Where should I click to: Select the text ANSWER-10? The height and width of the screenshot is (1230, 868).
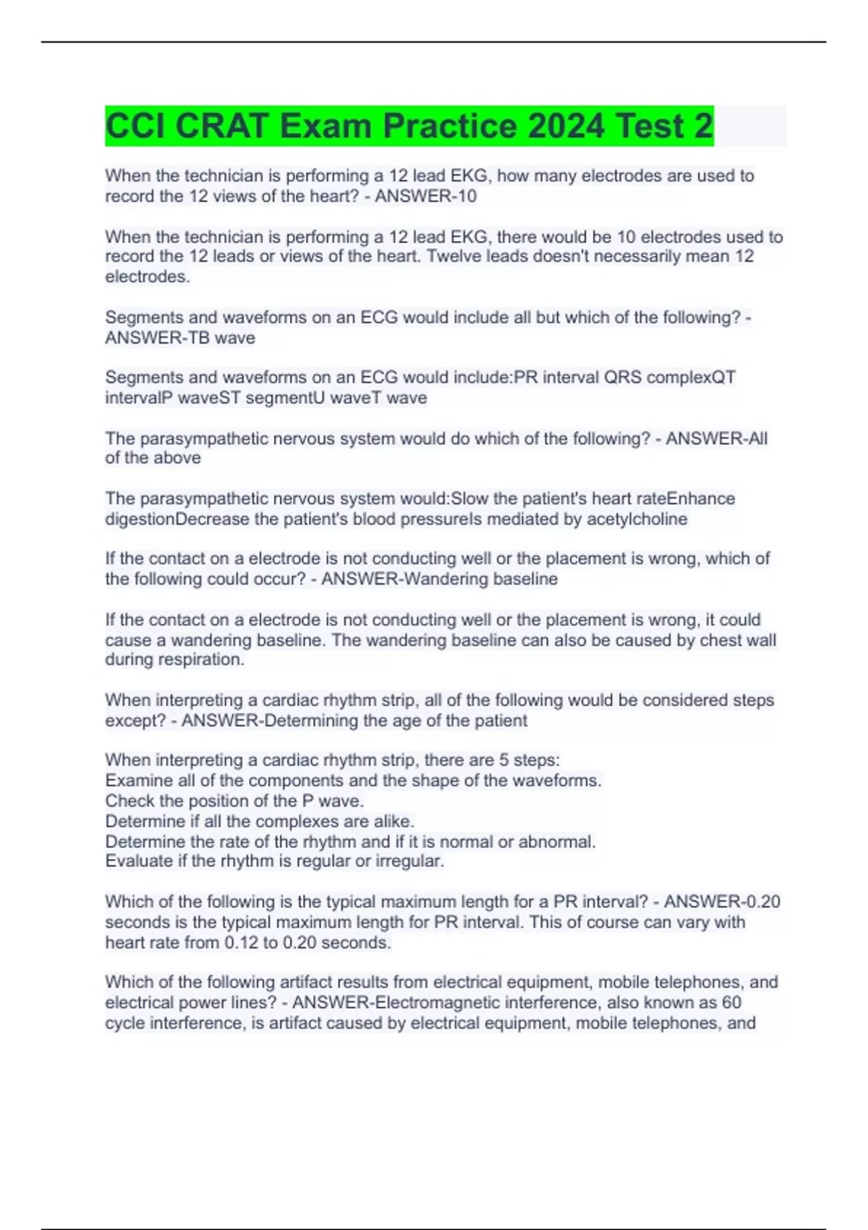425,196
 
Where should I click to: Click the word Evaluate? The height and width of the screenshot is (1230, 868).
137,861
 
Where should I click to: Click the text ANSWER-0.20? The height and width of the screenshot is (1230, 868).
721,902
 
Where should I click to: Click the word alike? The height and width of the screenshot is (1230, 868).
393,821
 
